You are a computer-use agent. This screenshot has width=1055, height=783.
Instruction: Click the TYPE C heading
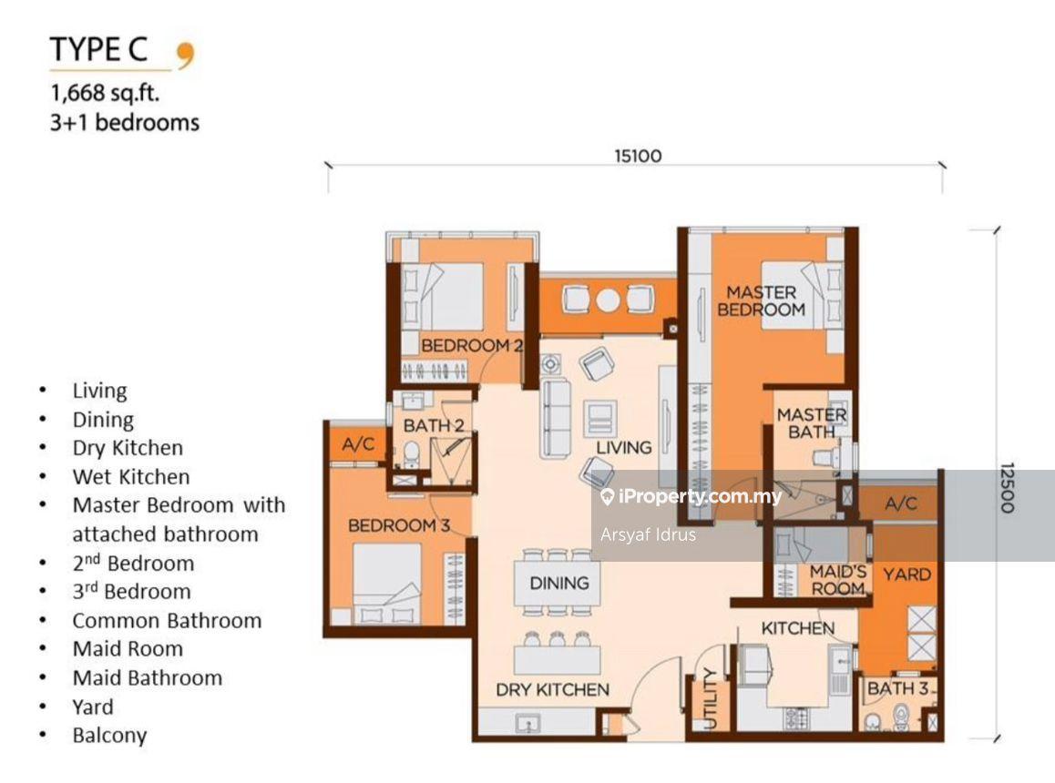click(x=99, y=50)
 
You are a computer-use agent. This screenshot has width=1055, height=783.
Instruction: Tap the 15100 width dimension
click(x=637, y=156)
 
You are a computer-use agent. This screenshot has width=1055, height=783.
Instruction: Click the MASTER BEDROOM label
click(x=761, y=301)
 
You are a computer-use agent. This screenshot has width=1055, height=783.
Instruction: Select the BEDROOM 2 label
click(x=472, y=346)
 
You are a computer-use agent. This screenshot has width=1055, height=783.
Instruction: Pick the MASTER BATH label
click(x=811, y=423)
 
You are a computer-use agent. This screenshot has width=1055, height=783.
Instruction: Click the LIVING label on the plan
click(x=624, y=448)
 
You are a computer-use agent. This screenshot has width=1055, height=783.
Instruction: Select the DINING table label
click(x=559, y=583)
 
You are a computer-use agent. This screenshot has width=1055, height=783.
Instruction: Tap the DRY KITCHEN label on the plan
click(x=552, y=689)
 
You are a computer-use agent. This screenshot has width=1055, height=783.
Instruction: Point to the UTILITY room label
click(x=711, y=699)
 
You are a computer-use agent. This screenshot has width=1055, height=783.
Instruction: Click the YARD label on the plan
click(x=906, y=575)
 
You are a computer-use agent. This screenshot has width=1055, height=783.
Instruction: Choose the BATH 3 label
click(x=897, y=689)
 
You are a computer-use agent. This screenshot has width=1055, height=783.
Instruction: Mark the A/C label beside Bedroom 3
click(x=352, y=446)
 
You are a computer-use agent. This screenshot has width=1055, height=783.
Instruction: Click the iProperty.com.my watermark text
click(x=700, y=497)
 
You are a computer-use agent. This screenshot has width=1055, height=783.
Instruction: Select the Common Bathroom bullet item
click(x=167, y=621)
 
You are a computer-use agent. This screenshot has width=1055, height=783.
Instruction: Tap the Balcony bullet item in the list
click(x=109, y=736)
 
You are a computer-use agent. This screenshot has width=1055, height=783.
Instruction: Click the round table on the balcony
click(x=609, y=299)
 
